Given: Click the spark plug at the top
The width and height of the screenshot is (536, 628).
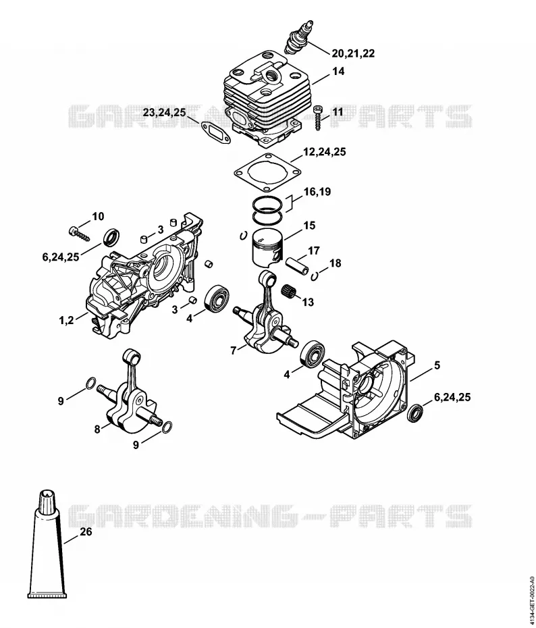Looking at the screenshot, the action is pos(299,35).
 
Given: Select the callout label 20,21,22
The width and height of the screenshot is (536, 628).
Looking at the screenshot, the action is pos(353,53).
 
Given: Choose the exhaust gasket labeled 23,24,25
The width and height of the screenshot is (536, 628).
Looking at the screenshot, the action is pos(215,132).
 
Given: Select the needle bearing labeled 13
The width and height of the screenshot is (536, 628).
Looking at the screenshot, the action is pos(291,290).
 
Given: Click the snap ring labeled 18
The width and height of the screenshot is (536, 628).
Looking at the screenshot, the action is pos(315,275).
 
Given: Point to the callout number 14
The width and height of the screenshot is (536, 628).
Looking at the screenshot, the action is pos(338,72).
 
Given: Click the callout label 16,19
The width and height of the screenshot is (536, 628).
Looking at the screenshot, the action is pos(317,192).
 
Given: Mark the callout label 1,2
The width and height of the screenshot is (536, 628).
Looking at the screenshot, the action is pos(66,320).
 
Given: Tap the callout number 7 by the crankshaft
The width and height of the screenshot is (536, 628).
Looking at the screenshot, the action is pos(234,350).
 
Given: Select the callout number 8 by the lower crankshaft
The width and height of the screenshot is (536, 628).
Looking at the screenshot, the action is pos(97,429).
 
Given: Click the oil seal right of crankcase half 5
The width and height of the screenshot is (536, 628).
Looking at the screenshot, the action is pos(414,413).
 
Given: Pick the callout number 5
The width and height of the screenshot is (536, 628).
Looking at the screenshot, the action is pos(437,365).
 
